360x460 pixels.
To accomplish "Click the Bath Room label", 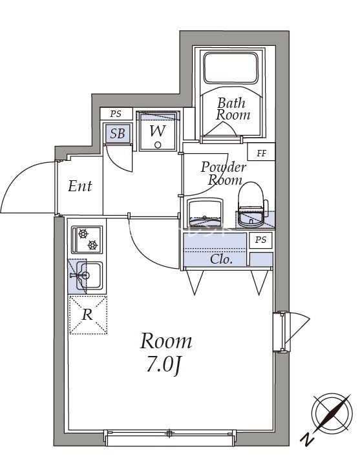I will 233,109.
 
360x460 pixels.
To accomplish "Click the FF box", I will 262,153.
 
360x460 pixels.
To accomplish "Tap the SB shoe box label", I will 117,134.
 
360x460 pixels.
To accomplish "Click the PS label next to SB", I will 116,114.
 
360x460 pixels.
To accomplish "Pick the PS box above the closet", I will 260,240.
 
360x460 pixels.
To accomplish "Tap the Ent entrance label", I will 80,187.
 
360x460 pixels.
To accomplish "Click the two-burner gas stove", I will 86,239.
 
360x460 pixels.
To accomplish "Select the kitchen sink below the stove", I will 87,277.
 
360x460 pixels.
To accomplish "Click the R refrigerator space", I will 87,315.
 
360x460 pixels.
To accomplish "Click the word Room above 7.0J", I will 166,340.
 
